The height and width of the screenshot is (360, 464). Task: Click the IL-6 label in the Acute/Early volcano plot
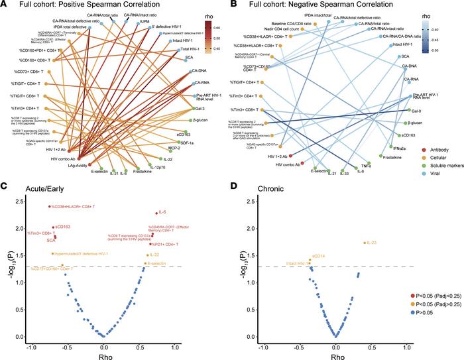click(162, 212)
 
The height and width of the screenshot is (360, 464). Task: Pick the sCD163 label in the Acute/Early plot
click(63, 227)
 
